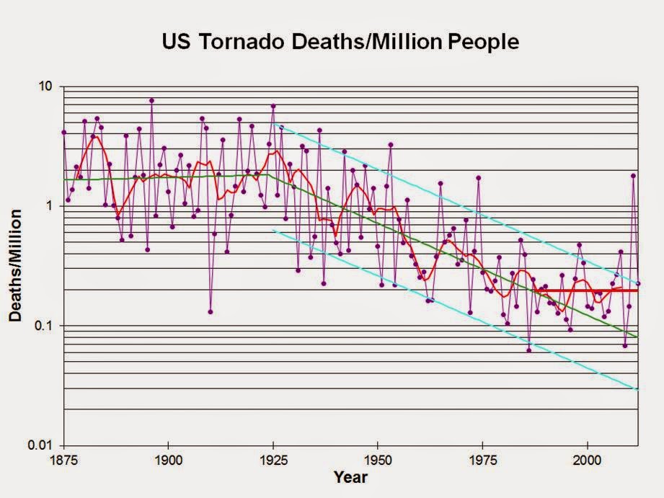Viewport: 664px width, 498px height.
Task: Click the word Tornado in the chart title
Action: click(242, 42)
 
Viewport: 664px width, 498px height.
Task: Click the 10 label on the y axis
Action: click(47, 86)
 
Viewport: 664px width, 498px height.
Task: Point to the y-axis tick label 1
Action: click(50, 206)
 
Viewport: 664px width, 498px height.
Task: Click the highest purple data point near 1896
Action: click(152, 101)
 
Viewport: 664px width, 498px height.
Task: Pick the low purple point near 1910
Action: click(211, 312)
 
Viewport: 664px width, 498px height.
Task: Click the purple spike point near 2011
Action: click(634, 176)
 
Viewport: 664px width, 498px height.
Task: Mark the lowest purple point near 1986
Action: click(528, 350)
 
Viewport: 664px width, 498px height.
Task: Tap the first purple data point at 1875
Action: click(64, 133)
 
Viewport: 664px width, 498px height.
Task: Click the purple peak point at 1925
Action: click(273, 107)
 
